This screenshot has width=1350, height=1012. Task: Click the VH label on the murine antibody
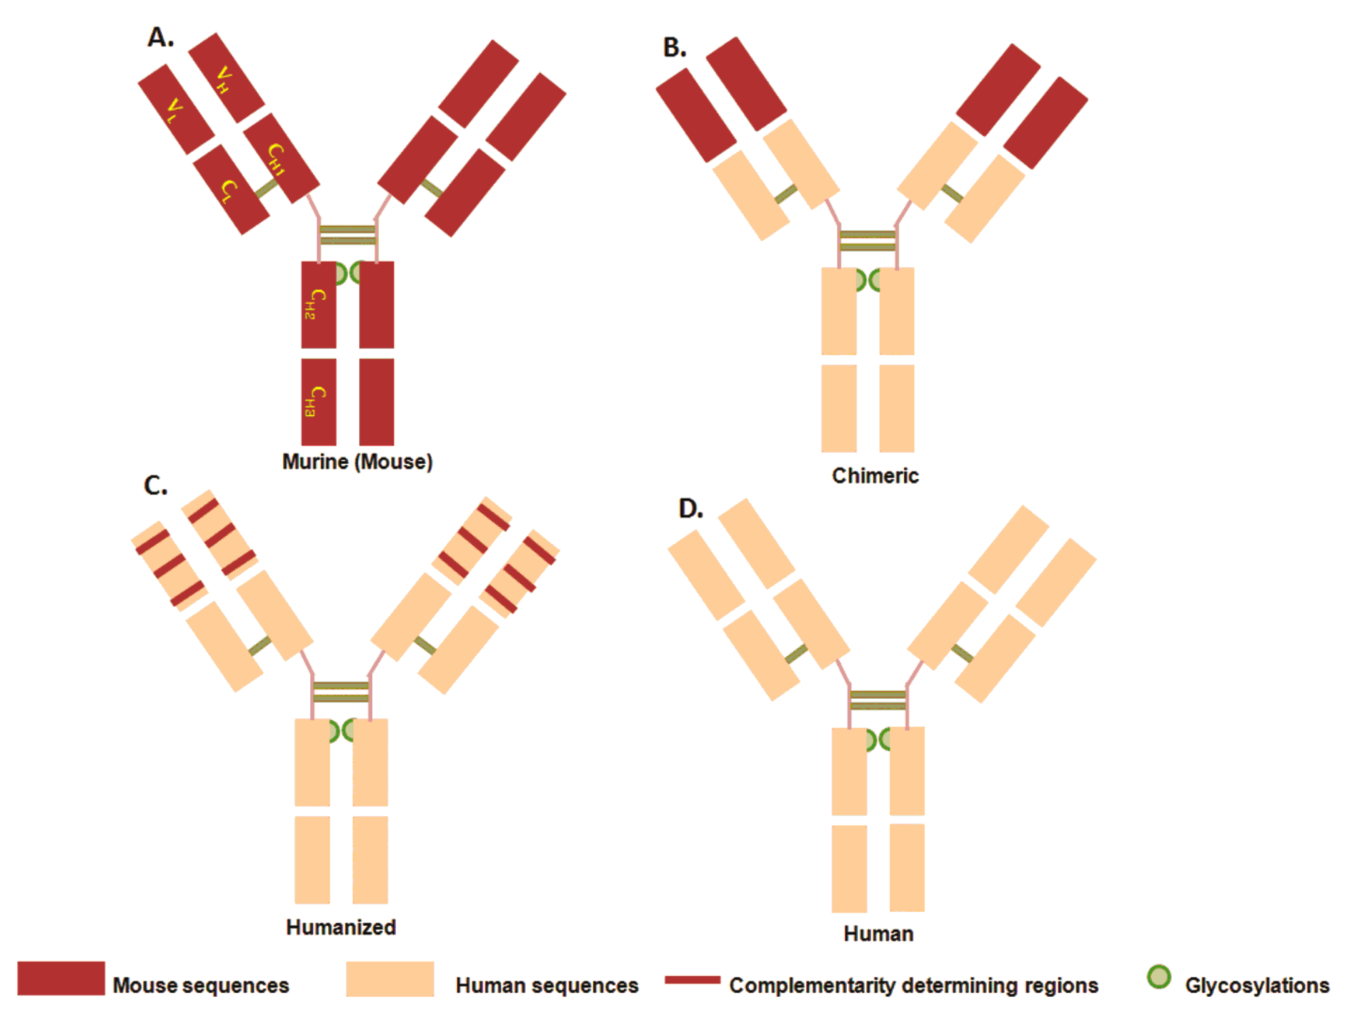coord(224,80)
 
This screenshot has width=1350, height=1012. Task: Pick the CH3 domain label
coord(315,401)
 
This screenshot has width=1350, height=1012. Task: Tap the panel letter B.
coord(674,47)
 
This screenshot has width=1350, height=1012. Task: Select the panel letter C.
coord(155,486)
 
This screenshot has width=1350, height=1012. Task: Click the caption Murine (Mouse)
coord(357,462)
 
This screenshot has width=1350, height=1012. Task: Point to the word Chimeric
coord(875,476)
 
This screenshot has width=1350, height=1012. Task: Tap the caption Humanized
coord(340,927)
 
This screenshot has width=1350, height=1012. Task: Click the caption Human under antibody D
coord(878,934)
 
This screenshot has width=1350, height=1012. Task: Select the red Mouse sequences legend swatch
coord(61,978)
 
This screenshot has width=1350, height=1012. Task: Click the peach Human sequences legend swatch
coord(389,978)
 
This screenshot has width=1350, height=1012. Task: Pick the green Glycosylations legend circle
coord(1158,976)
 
